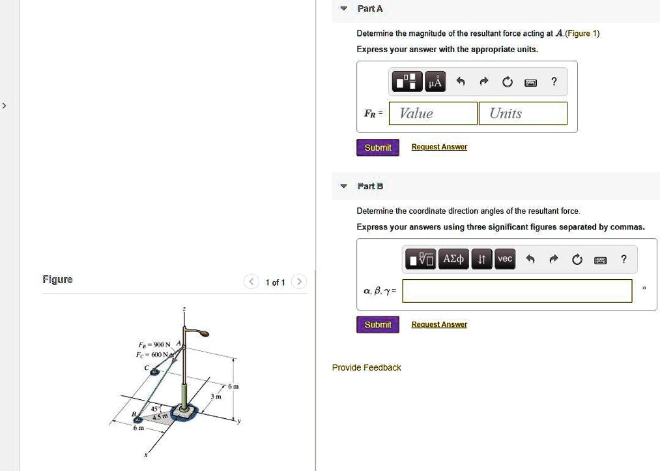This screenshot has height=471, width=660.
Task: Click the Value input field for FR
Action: point(433,114)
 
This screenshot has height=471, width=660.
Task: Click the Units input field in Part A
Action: point(523,114)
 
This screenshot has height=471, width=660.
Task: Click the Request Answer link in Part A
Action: point(439,147)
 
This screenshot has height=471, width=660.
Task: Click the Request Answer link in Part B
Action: point(439,325)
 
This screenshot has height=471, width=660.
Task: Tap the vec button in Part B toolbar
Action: point(505,260)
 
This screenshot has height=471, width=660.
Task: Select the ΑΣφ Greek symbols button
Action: point(453,260)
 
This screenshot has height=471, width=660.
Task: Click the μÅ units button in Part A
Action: point(435,82)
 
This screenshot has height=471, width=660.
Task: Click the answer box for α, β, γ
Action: point(517,291)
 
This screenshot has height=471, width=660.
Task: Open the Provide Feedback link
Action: point(366,368)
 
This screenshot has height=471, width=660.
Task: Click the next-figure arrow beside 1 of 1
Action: point(298,282)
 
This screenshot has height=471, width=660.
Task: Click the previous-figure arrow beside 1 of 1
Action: point(251,282)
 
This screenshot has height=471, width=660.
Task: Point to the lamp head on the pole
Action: point(204,335)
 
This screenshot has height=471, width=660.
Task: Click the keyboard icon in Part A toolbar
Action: point(530,82)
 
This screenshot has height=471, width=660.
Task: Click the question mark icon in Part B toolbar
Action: point(624,260)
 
